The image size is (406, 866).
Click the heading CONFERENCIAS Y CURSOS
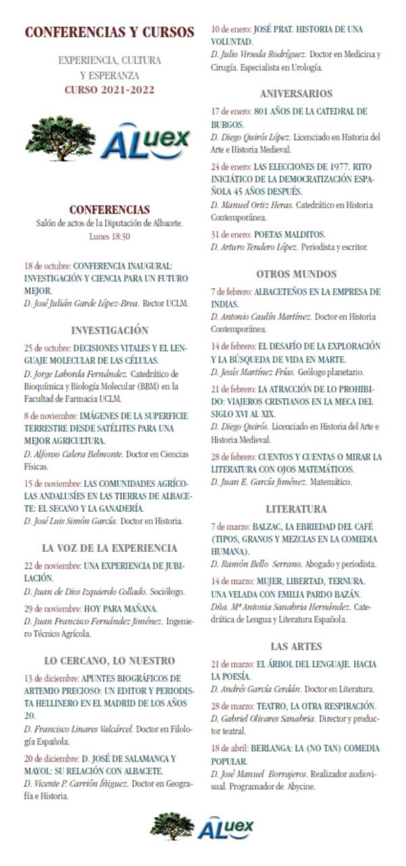tap(109, 32)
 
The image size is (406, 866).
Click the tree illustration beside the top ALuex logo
tap(61, 139)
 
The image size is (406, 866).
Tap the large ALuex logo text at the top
tap(145, 141)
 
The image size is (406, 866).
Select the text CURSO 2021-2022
tap(109, 89)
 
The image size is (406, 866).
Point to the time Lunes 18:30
tap(109, 237)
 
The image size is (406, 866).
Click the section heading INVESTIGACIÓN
tap(109, 331)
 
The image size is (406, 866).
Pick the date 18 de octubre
tap(47, 266)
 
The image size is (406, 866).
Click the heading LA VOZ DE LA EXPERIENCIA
tap(109, 548)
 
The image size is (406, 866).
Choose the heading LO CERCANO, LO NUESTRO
tap(109, 660)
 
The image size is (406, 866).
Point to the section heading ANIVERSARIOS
tap(296, 94)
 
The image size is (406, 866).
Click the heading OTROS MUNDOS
tap(296, 274)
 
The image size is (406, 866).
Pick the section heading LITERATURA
tap(296, 509)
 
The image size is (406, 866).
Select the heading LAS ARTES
tap(296, 646)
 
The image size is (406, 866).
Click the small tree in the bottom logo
tap(172, 826)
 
